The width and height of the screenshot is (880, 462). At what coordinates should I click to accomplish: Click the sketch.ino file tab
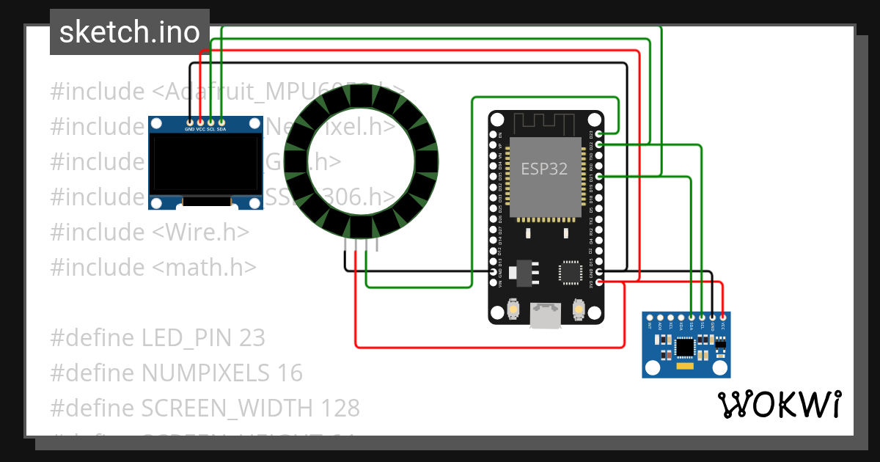(x=129, y=32)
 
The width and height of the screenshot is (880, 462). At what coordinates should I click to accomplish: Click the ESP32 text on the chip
(x=544, y=169)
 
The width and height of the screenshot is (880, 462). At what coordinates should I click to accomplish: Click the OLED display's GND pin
(x=190, y=122)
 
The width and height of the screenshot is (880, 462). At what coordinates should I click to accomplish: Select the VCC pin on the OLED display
(x=200, y=122)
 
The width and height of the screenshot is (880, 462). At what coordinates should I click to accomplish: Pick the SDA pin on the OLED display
(x=221, y=122)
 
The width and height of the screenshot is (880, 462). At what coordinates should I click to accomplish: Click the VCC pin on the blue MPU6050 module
(x=723, y=317)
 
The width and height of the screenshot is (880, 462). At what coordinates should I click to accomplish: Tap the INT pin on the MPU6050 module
(x=650, y=317)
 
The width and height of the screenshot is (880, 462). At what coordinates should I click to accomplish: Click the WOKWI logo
(x=779, y=404)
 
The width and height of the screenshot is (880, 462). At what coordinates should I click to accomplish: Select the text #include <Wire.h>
(x=150, y=232)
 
